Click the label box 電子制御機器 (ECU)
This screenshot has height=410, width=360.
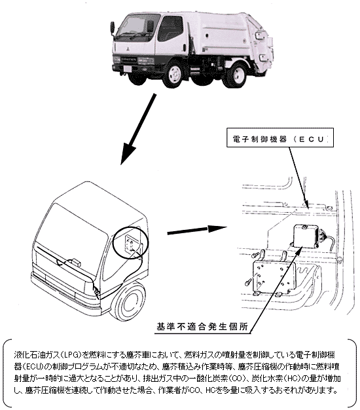tap(279, 138)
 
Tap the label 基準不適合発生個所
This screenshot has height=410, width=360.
tap(202, 327)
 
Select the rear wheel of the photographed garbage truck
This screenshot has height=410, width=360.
tap(238, 75)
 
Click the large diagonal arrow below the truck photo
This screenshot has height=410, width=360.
tap(138, 130)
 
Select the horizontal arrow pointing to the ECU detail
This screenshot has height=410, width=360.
tap(197, 230)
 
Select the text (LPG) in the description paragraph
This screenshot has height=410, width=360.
tap(70, 355)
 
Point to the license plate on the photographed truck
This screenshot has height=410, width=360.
tap(127, 69)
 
